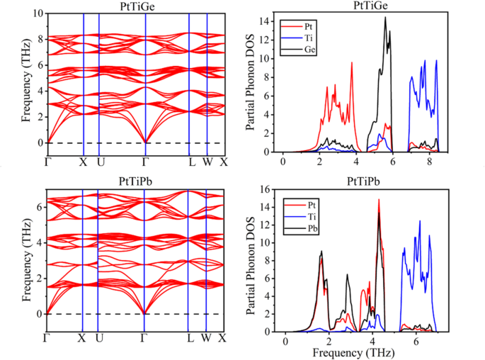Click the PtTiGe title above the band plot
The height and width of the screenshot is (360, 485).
click(135, 6)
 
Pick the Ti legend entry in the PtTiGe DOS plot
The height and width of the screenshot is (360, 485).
click(310, 38)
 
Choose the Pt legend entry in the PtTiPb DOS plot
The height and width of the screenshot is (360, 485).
click(310, 203)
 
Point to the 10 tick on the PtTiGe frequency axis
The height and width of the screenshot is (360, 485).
click(37, 13)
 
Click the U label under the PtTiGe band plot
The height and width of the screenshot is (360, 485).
click(101, 161)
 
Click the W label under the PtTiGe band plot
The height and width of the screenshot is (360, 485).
click(207, 161)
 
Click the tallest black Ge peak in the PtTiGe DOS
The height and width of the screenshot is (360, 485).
click(385, 18)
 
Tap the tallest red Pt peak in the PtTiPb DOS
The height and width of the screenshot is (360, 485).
click(379, 201)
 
